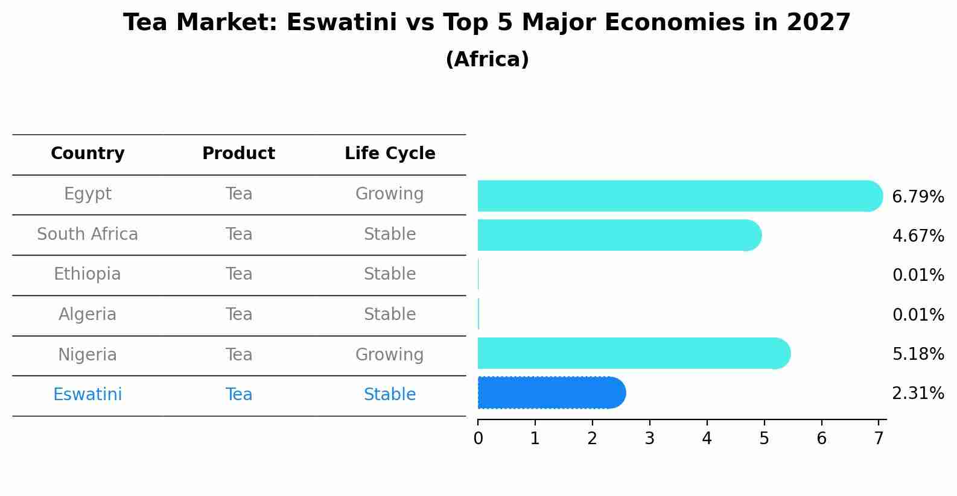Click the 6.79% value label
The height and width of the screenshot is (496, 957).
pos(918,197)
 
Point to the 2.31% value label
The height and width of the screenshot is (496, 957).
pos(918,394)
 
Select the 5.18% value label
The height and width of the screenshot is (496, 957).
pos(918,354)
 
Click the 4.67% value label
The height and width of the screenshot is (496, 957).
pos(918,236)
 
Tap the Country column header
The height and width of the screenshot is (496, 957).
pos(87,154)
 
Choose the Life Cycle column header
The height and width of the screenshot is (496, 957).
pos(390,154)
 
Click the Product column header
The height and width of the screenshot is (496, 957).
pos(238,154)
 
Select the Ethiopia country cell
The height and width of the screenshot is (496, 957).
pos(87,274)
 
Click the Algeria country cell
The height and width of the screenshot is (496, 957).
pos(87,315)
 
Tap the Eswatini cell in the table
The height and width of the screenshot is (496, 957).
pos(87,395)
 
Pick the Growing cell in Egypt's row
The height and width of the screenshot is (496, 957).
pos(390,194)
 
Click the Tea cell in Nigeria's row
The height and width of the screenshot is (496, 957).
pos(239,355)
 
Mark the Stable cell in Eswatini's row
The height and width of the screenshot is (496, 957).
pos(390,395)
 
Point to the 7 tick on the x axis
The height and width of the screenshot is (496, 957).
pos(879,439)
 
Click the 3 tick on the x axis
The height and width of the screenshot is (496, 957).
pos(649,439)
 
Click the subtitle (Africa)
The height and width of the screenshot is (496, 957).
pos(487,60)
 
